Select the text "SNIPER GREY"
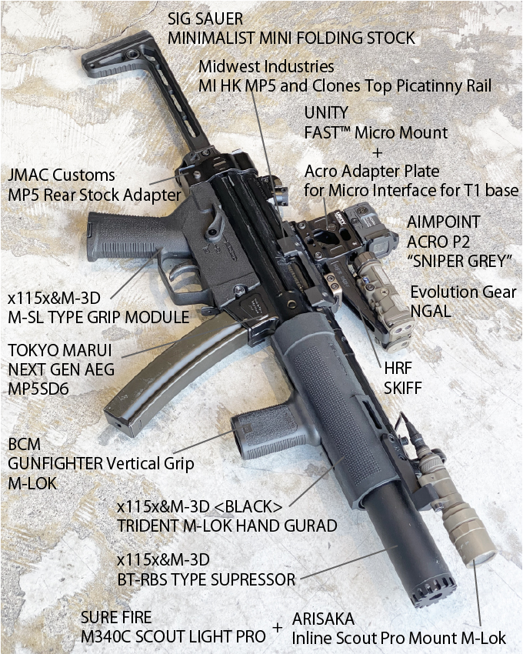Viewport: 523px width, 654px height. tap(460, 262)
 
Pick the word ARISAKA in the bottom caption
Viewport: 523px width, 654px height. tap(324, 618)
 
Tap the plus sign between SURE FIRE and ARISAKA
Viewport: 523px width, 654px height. tap(277, 630)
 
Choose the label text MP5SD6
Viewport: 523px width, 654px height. tap(38, 389)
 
